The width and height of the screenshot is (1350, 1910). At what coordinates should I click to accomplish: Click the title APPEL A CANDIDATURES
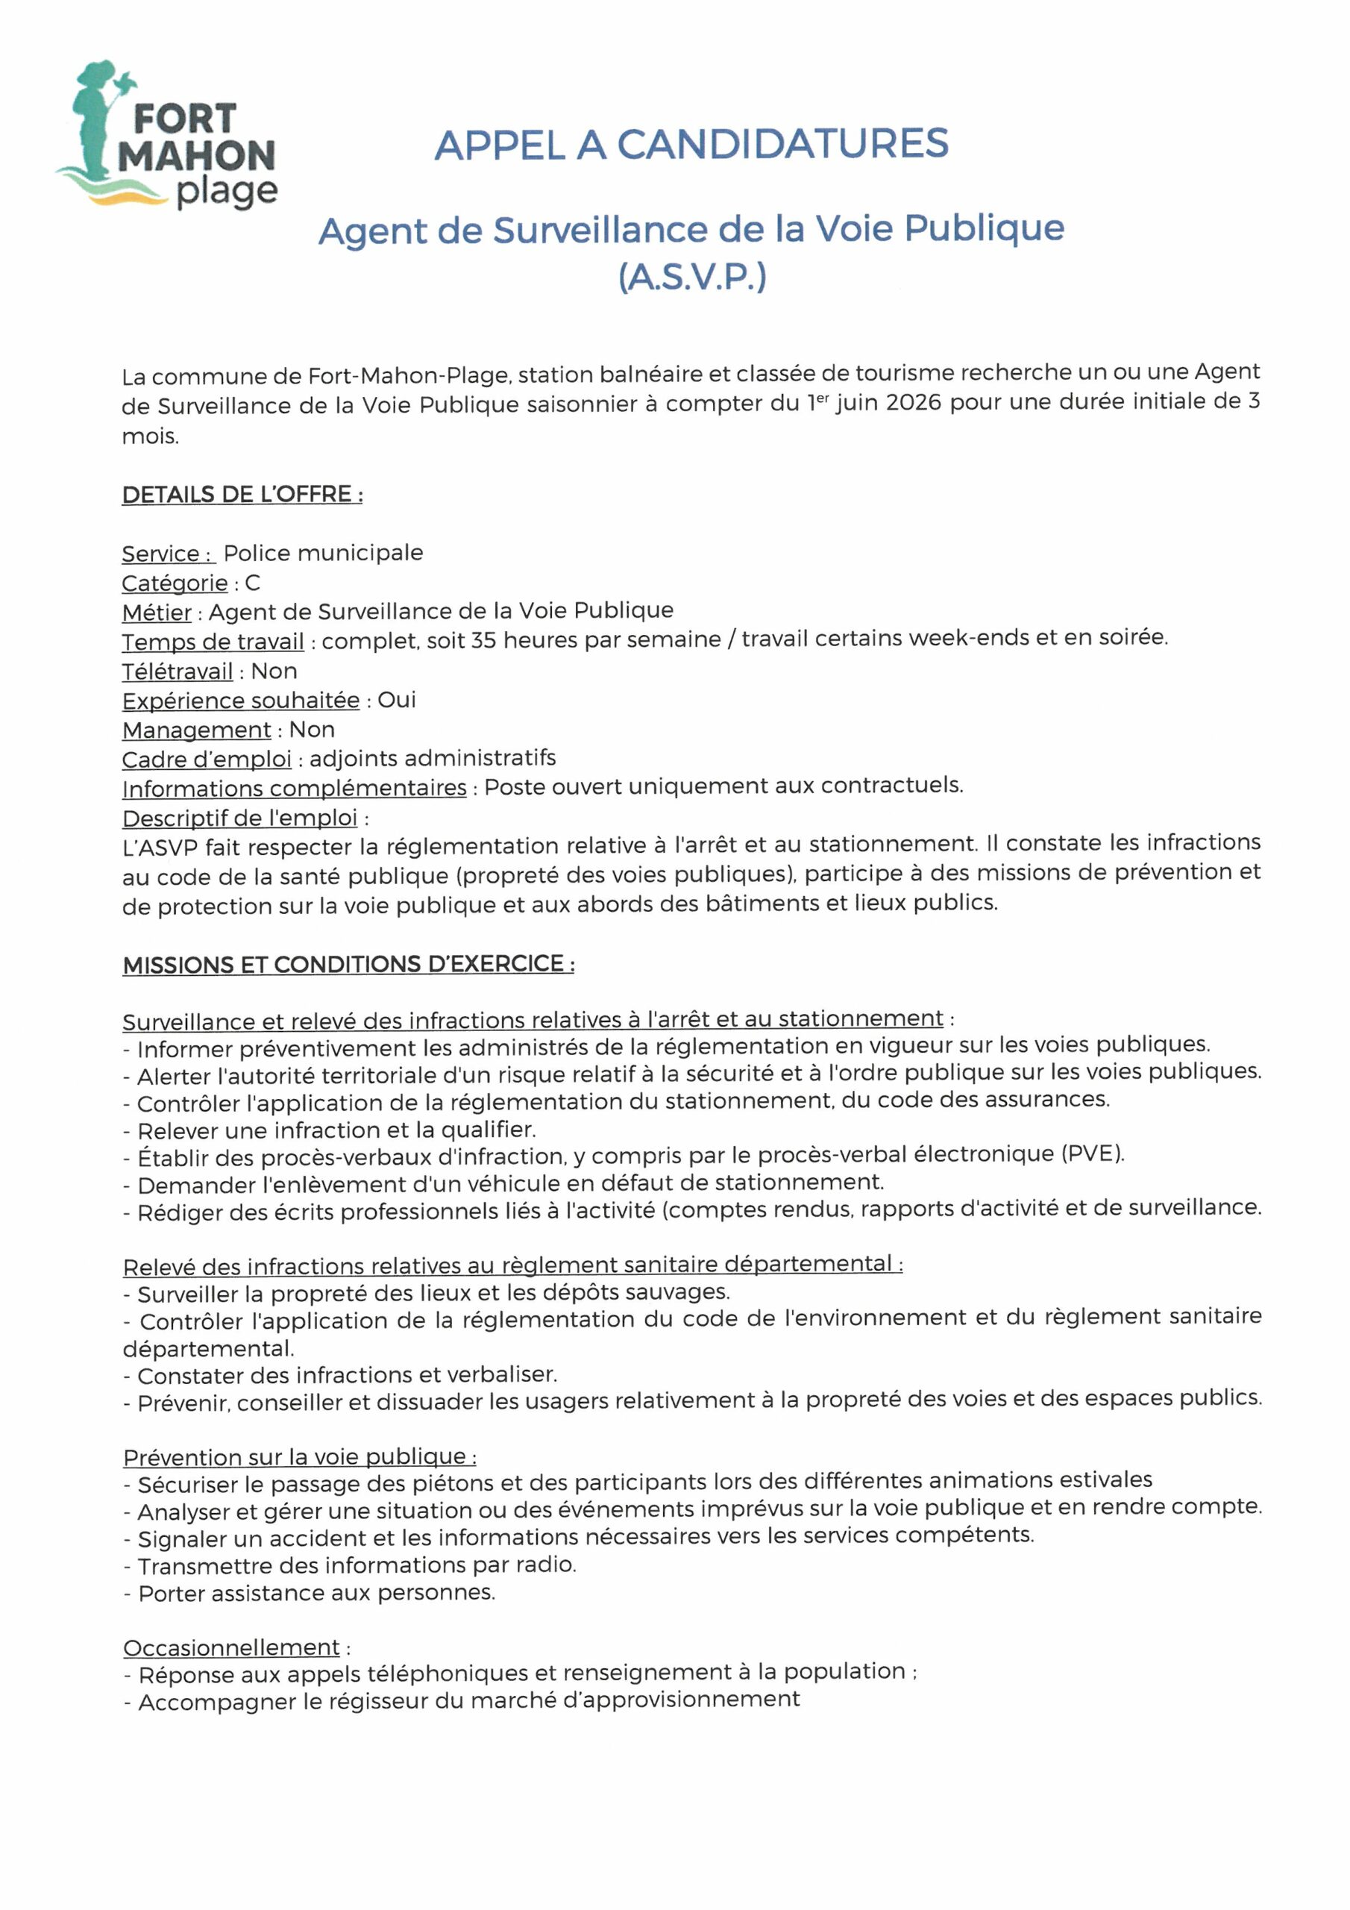691,145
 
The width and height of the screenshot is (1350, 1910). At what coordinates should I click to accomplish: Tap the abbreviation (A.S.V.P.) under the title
691,277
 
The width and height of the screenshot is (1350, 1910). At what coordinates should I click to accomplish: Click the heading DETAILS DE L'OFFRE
242,494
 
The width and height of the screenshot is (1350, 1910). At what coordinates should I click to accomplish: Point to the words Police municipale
323,553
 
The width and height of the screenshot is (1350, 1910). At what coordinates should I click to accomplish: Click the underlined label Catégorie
175,583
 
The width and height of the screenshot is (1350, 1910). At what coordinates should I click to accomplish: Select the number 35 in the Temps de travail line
483,639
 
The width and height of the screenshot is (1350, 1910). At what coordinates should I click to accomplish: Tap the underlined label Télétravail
178,671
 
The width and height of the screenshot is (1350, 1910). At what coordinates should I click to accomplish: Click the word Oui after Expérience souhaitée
397,700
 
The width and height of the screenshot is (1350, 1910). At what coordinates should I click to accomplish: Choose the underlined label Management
196,730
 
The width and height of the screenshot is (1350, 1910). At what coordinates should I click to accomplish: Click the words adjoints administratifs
433,758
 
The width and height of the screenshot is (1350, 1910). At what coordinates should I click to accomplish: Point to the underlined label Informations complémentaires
295,787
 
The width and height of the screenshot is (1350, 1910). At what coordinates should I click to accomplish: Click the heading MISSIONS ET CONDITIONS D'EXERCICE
348,964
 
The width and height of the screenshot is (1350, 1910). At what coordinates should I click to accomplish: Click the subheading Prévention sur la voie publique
299,1456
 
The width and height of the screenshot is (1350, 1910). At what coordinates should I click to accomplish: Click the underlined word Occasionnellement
231,1648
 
